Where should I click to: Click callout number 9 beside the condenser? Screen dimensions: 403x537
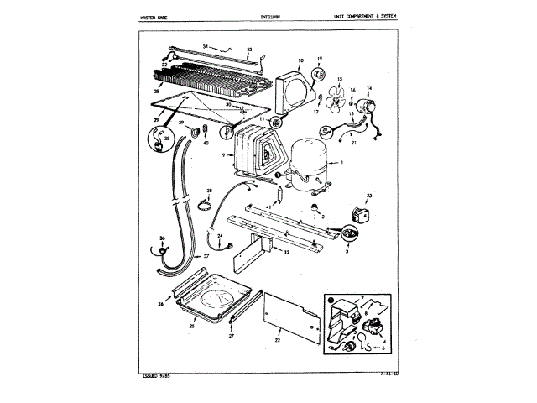(x=222, y=156)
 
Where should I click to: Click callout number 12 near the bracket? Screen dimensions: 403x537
(x=287, y=251)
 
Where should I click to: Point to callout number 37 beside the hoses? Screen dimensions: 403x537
(x=206, y=255)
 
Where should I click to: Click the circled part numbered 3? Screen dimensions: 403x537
(x=345, y=236)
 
